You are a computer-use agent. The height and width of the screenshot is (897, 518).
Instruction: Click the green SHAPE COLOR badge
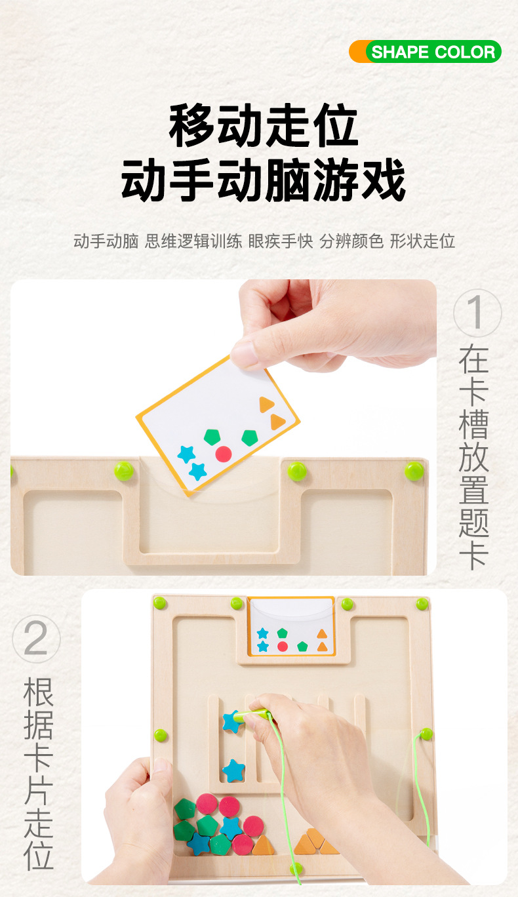pyautogui.click(x=433, y=52)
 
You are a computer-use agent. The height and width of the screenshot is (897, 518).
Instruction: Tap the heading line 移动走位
pyautogui.click(x=264, y=126)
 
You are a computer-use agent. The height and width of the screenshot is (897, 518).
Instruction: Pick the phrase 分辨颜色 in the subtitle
pyautogui.click(x=351, y=241)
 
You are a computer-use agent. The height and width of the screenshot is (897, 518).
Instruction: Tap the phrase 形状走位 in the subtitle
pyautogui.click(x=422, y=241)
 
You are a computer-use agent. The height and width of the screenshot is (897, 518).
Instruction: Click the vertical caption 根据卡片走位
pyautogui.click(x=39, y=774)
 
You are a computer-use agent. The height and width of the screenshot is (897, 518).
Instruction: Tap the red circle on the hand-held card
pyautogui.click(x=224, y=454)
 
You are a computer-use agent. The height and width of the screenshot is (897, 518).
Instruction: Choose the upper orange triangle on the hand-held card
pyautogui.click(x=266, y=405)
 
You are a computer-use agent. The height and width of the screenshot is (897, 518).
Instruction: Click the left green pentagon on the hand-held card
pyautogui.click(x=212, y=437)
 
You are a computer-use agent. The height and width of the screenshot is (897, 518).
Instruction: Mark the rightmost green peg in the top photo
pyautogui.click(x=414, y=471)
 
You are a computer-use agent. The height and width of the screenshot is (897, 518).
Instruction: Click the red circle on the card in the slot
pyautogui.click(x=283, y=646)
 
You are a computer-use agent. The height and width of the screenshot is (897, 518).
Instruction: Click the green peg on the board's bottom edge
pyautogui.click(x=297, y=869)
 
